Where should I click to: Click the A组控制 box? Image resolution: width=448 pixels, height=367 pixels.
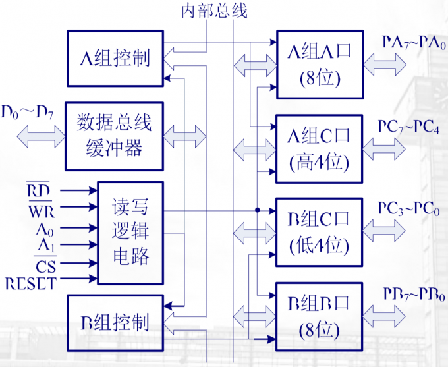pyautogui.click(x=115, y=57)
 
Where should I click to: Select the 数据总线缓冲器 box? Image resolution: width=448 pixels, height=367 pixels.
pyautogui.click(x=114, y=136)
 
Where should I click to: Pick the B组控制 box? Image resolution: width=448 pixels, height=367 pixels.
pyautogui.click(x=115, y=322)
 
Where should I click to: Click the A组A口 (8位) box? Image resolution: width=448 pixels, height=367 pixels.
pyautogui.click(x=319, y=65)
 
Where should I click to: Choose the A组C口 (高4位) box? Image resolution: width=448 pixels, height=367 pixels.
pyautogui.click(x=319, y=148)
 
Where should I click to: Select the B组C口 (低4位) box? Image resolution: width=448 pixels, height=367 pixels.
pyautogui.click(x=319, y=232)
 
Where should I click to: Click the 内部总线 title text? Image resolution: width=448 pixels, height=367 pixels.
pyautogui.click(x=214, y=12)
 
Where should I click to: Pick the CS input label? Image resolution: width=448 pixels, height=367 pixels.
pyautogui.click(x=45, y=266)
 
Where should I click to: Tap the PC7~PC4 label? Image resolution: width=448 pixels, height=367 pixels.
pyautogui.click(x=409, y=125)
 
